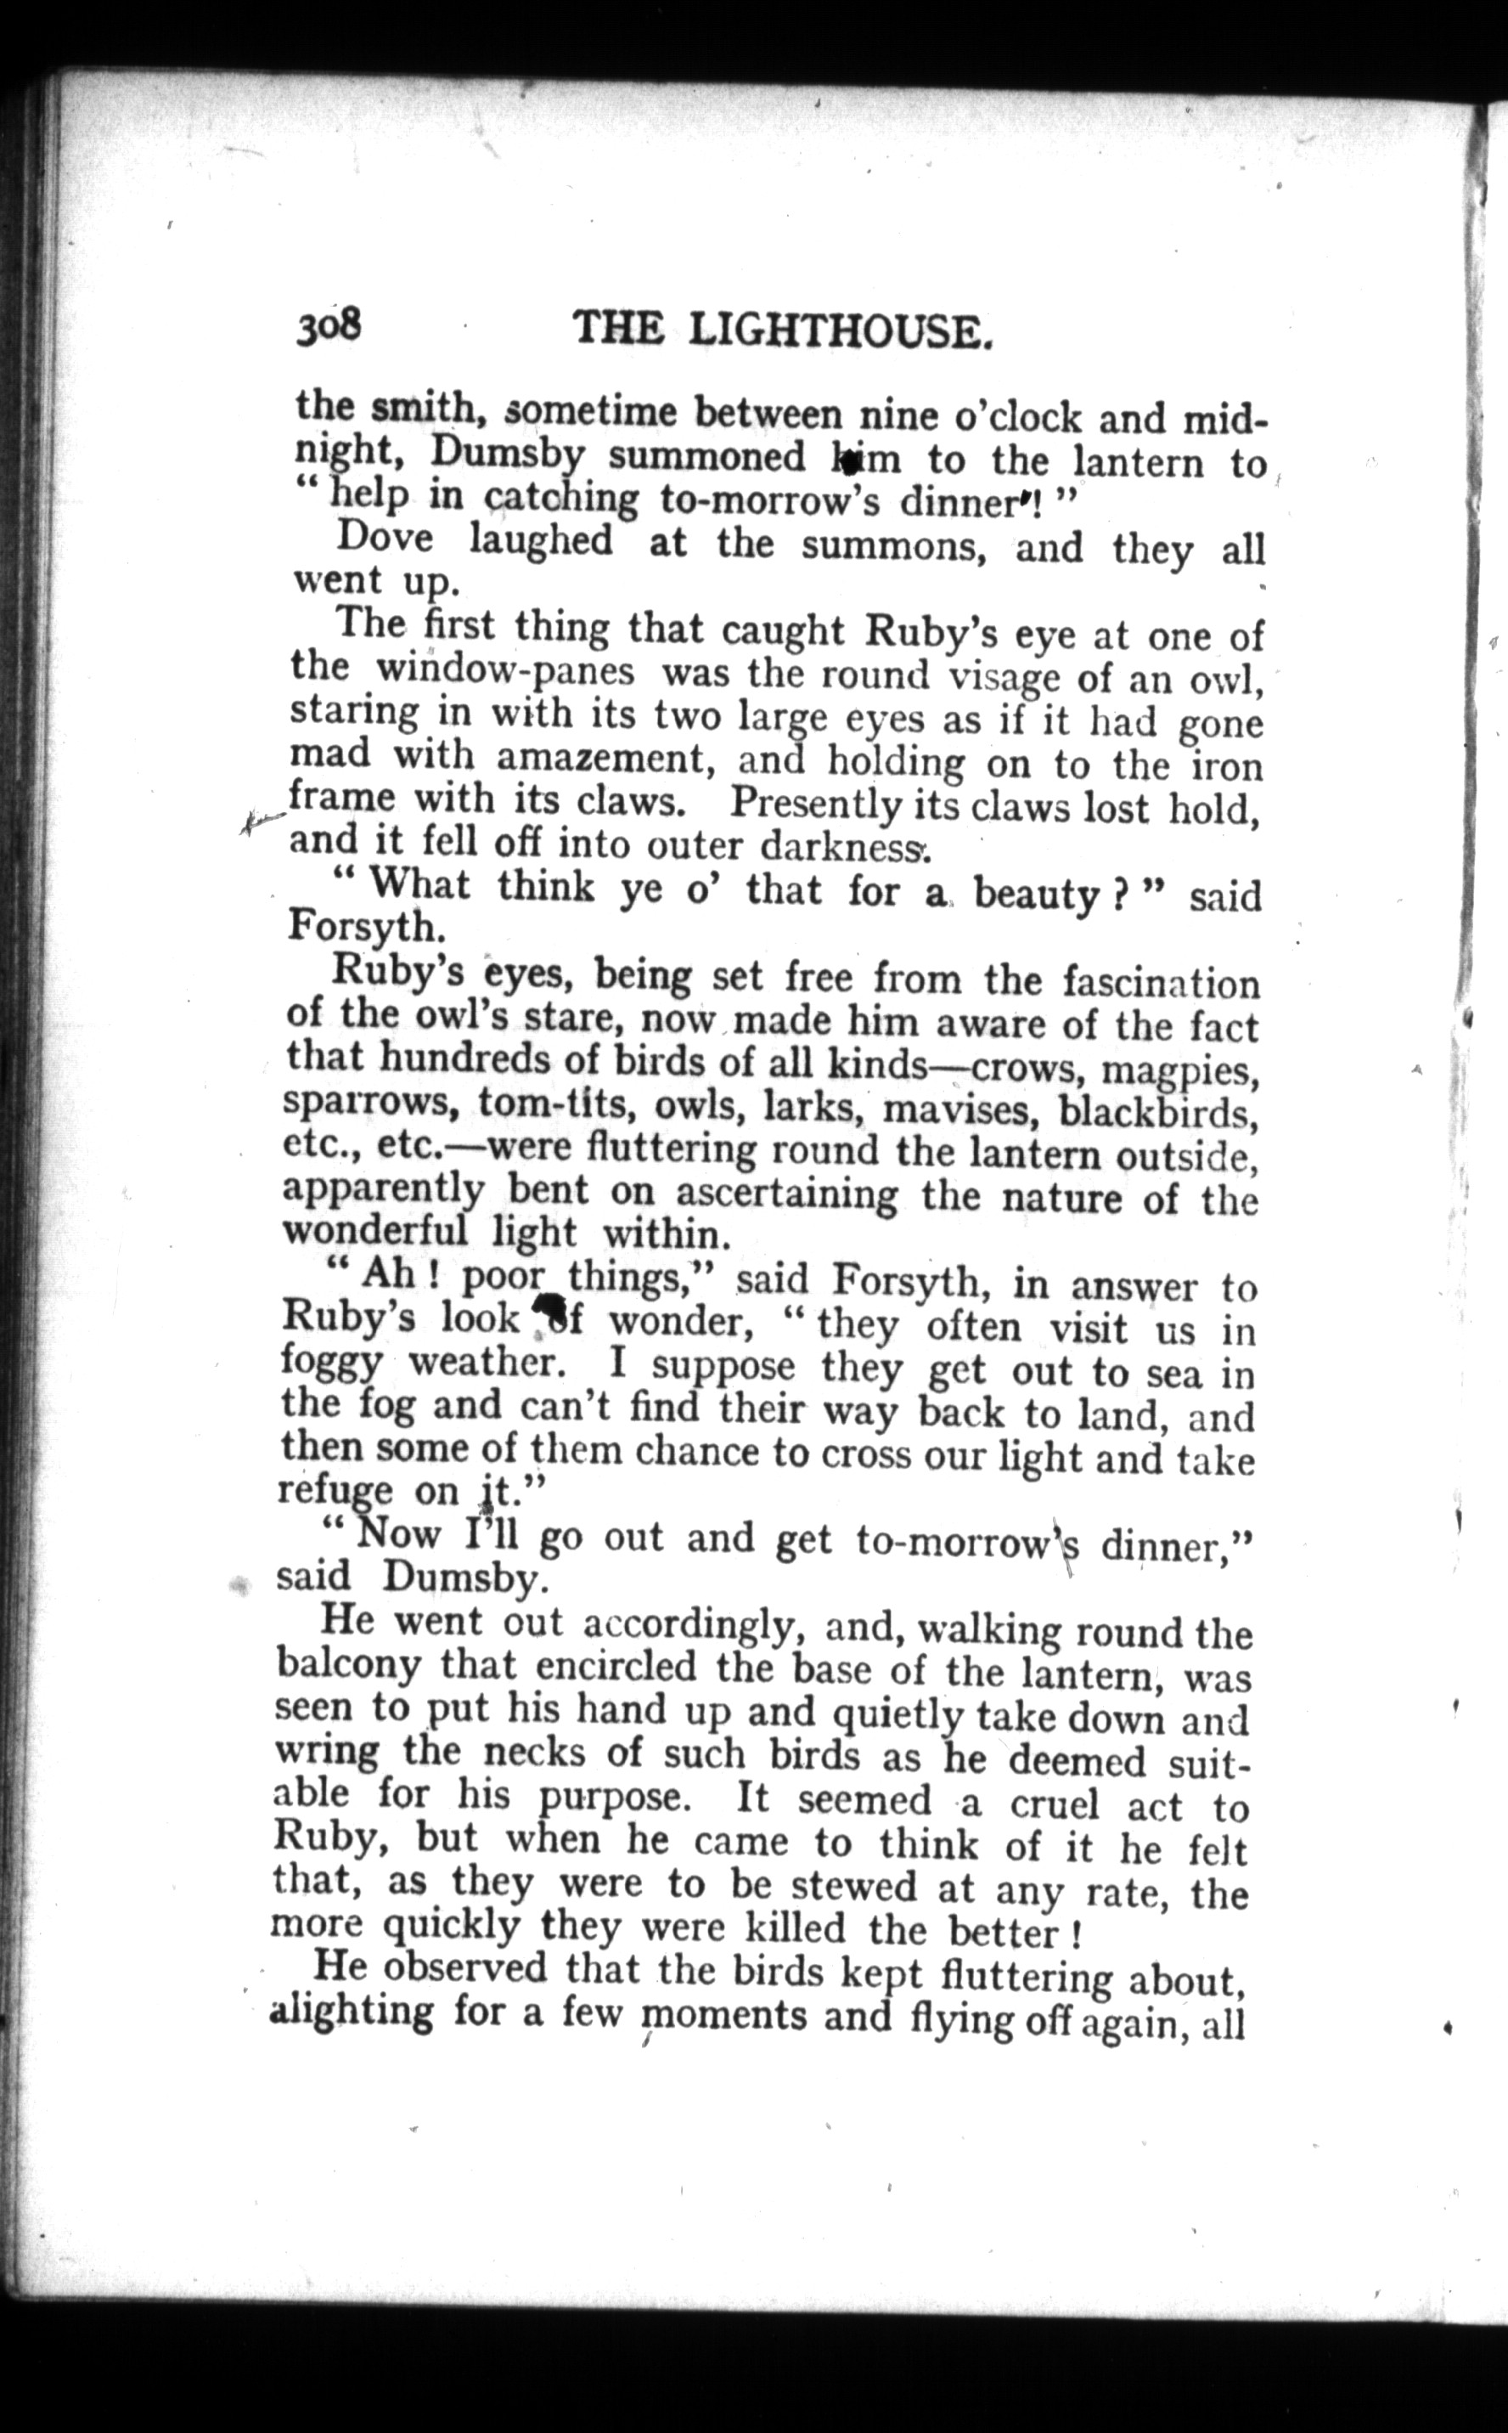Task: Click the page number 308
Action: click(327, 326)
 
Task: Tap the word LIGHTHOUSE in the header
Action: click(841, 330)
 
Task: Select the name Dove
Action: click(385, 539)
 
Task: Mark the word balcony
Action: click(347, 1664)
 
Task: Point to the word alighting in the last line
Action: click(351, 2011)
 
